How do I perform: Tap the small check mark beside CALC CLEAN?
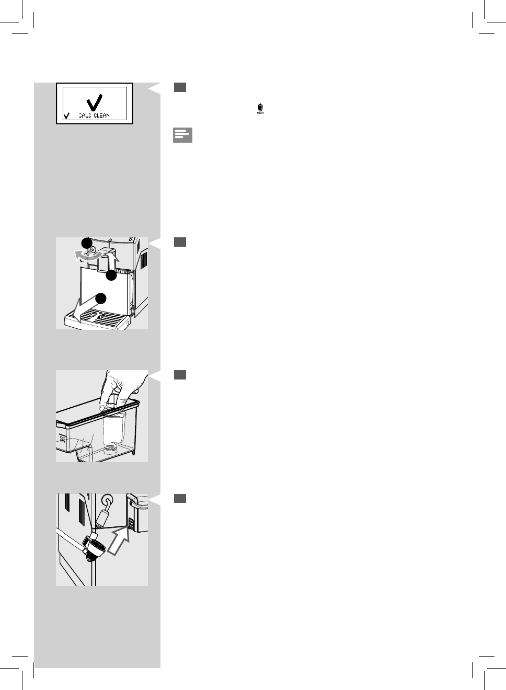pos(66,116)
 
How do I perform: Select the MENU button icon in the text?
pos(260,109)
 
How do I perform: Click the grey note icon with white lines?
pos(182,135)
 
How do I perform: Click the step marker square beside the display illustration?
pos(180,87)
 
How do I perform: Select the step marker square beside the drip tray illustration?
pos(180,241)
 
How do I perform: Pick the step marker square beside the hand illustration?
pos(180,375)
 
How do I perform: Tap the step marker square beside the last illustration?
pos(180,498)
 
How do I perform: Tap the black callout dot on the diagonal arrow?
pos(101,298)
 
